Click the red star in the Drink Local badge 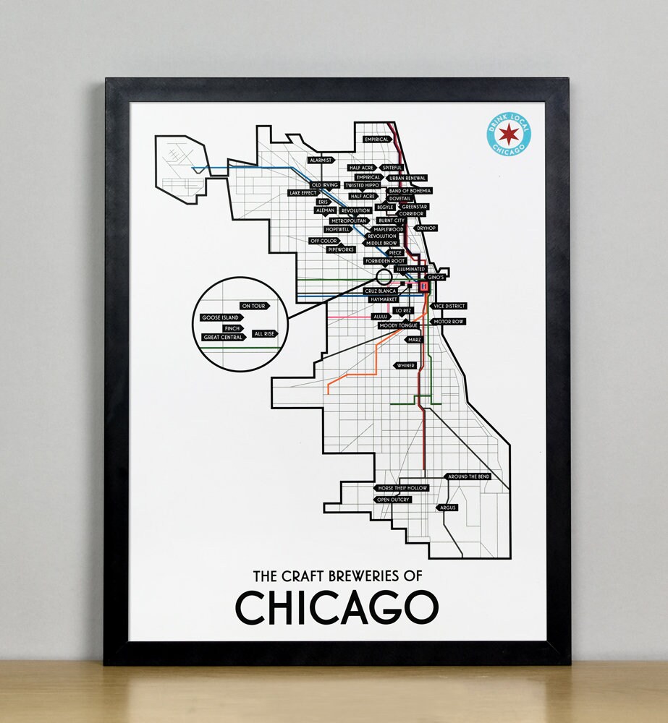click(509, 134)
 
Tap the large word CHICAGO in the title click(337, 607)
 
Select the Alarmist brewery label click(320, 160)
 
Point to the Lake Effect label click(303, 193)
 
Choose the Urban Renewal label click(407, 178)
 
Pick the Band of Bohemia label click(410, 191)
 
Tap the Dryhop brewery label click(426, 228)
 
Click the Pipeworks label click(341, 249)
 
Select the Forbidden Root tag click(384, 260)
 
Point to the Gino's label click(434, 277)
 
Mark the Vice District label click(449, 307)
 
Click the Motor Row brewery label click(448, 321)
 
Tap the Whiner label click(405, 366)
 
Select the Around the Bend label click(468, 477)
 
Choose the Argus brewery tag click(447, 508)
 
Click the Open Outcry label click(393, 500)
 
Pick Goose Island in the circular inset click(221, 317)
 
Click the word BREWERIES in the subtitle click(360, 576)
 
